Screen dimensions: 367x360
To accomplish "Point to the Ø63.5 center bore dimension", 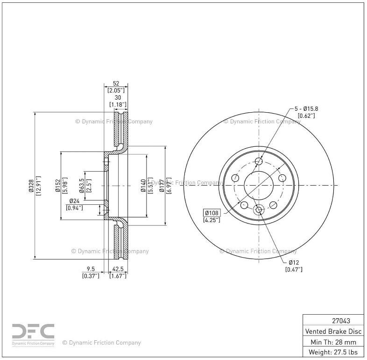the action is pos(82,185).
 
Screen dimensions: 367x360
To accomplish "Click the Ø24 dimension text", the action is pos(73,202).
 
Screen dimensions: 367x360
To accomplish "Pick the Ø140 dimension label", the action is pos(144,185).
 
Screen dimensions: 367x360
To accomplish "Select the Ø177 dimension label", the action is pos(162,185).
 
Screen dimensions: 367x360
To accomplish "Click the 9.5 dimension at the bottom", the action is pos(91,269).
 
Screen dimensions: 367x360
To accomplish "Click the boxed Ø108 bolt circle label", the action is pos(212,213).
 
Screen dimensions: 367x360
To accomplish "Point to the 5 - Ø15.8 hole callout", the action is pos(306,109).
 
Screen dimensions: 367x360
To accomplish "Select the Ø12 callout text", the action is pos(294,262).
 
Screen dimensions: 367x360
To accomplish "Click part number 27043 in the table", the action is pos(333,321).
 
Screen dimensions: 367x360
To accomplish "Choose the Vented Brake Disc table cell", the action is pos(333,331).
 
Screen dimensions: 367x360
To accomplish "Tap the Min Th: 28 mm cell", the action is pos(333,341).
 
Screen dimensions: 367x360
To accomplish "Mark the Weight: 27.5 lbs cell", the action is pos(333,352).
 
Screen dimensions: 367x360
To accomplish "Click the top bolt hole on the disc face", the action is pos(259,161).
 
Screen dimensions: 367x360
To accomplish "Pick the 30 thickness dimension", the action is pos(118,97).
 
